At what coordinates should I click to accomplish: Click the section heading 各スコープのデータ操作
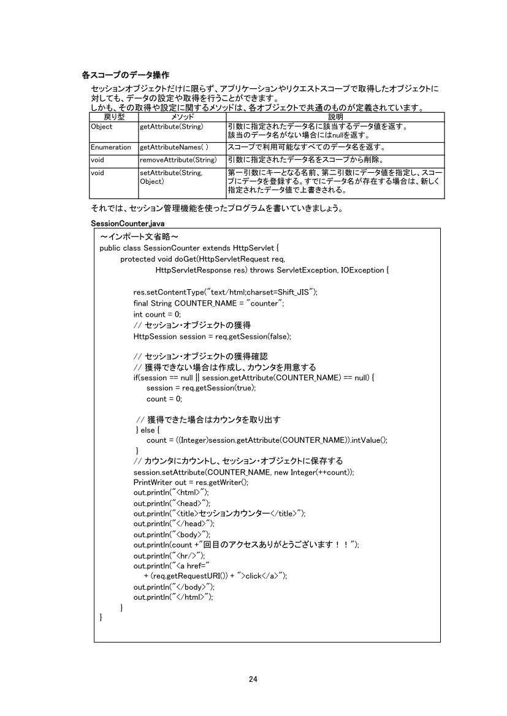(126, 75)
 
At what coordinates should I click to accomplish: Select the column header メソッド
(182, 116)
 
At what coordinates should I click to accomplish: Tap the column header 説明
(335, 116)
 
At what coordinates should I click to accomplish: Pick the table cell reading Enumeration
(110, 147)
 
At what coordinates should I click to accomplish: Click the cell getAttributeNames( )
(174, 147)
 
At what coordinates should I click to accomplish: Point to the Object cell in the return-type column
(101, 127)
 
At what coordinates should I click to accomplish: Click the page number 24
(253, 679)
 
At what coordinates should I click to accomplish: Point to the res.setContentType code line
(225, 292)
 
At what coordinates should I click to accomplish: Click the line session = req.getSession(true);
(201, 388)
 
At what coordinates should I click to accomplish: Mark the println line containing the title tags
(219, 513)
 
